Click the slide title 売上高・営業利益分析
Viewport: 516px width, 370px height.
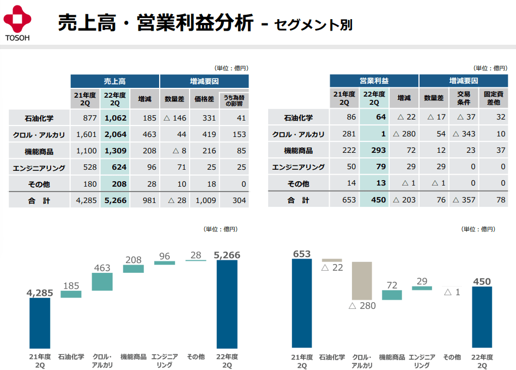coord(155,23)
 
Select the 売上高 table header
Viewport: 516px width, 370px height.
coord(114,81)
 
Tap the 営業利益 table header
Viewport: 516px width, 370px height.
coord(374,81)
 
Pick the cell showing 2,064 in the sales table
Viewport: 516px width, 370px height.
coord(115,134)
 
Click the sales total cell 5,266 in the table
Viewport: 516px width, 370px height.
coord(115,200)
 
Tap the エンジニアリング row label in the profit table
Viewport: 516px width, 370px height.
coord(298,168)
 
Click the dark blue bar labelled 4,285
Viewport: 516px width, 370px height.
coord(40,323)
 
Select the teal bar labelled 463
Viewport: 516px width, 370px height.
coord(102,282)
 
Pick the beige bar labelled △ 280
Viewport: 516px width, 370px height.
coord(362,281)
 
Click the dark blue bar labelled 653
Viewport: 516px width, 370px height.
coord(302,303)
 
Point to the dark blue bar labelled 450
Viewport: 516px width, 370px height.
coord(482,317)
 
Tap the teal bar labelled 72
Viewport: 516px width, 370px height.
coord(392,295)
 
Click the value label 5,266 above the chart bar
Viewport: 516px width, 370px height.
coord(227,255)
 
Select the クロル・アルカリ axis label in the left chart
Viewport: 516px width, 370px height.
coord(102,361)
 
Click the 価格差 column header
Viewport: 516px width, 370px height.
coord(204,99)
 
